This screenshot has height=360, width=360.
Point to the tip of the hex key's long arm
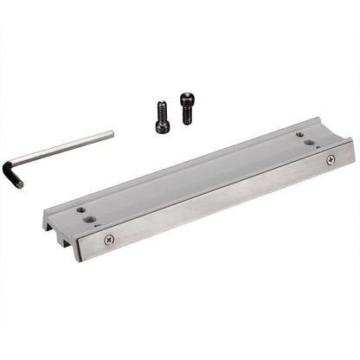pos(111,133)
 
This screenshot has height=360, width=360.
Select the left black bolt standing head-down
pos(162,117)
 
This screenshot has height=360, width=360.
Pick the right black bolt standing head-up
pos(188,107)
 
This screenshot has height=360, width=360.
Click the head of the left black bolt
pos(162,126)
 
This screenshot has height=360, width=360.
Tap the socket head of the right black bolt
pos(187,98)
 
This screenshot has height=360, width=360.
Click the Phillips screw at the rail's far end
pos(330,160)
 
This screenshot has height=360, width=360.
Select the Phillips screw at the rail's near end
pos(109,239)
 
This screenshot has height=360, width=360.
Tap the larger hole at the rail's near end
pos(91,220)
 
